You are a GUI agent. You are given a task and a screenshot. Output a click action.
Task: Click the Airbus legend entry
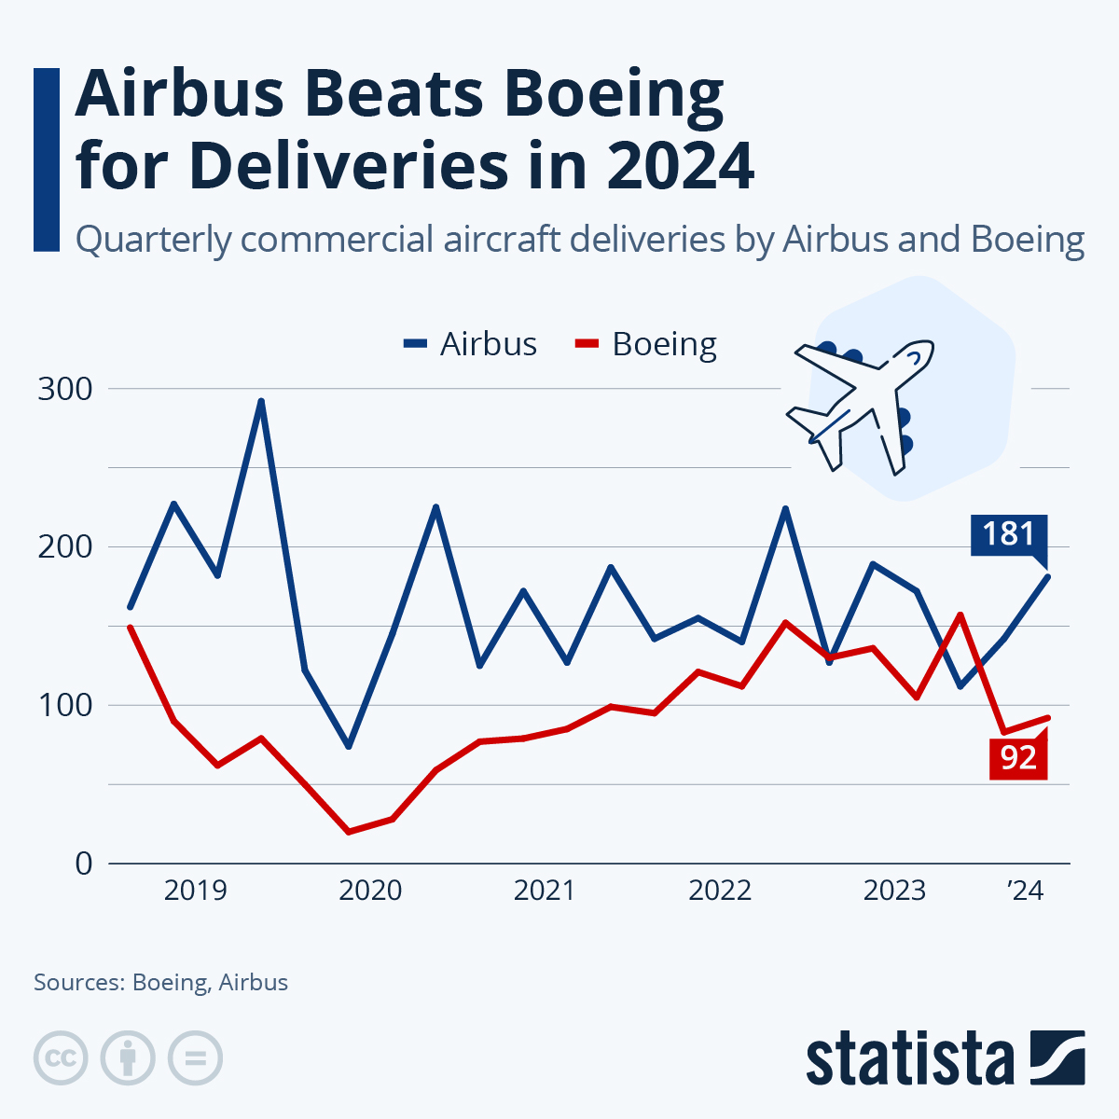[471, 344]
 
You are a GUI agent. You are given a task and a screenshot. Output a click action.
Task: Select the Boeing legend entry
[646, 344]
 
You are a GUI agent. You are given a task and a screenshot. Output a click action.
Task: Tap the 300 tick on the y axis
[65, 389]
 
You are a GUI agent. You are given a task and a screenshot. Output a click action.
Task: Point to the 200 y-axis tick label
[65, 546]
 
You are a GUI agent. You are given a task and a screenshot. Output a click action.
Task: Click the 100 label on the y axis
[65, 705]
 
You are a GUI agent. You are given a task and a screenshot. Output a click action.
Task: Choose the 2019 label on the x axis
[195, 891]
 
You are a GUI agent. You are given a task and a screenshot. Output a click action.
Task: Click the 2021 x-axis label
[545, 891]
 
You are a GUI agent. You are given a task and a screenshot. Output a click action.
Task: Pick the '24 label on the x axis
[1025, 891]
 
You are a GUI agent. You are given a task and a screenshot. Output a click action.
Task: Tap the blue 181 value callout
[1009, 534]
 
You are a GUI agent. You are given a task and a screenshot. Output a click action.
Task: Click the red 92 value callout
[1018, 757]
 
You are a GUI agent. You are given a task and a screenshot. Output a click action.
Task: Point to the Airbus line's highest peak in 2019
[262, 401]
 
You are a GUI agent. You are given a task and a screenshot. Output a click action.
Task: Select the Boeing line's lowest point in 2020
[349, 831]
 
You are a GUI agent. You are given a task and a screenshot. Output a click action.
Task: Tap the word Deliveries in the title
[348, 166]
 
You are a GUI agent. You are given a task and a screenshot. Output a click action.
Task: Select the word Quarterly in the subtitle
[152, 240]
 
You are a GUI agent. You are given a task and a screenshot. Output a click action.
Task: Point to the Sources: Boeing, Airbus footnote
[160, 982]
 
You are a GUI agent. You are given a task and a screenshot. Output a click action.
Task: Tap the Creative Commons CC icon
[61, 1058]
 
